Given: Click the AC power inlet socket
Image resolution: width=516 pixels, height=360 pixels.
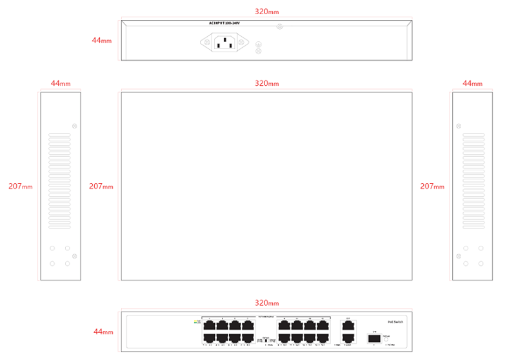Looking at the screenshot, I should [x=224, y=43].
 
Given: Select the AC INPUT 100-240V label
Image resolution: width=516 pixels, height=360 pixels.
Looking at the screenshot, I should [x=224, y=23].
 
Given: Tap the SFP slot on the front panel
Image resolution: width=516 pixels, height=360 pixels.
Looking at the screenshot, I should [x=373, y=337].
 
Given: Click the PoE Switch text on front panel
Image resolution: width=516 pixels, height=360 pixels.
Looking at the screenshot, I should [x=395, y=321].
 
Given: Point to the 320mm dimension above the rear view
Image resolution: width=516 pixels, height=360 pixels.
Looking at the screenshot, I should [x=266, y=12].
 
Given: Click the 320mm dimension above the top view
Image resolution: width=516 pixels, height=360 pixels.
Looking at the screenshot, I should [x=266, y=84].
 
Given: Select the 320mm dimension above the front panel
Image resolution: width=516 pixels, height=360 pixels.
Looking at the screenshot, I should [x=266, y=303].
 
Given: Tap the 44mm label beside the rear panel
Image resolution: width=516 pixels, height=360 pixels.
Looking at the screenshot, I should [x=101, y=40].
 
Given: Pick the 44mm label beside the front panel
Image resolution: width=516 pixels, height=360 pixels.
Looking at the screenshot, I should [x=103, y=332].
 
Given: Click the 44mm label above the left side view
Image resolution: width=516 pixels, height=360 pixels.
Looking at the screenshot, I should [x=60, y=84].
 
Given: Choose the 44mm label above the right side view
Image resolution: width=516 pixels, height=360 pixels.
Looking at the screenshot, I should [x=472, y=84].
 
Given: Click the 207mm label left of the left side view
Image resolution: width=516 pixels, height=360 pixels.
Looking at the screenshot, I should [x=20, y=186].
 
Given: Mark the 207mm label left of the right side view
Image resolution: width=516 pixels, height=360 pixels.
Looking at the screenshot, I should [x=432, y=186].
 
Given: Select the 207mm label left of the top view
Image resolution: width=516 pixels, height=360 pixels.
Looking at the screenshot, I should [x=101, y=186].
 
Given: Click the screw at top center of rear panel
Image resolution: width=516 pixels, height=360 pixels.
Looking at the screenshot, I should [x=279, y=27].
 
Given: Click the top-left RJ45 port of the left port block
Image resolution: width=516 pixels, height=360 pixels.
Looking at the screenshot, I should [x=209, y=325].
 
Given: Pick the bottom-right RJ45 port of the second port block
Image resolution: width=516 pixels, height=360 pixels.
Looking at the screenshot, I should [x=322, y=337].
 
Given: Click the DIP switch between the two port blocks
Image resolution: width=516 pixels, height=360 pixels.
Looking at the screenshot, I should [x=266, y=339].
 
